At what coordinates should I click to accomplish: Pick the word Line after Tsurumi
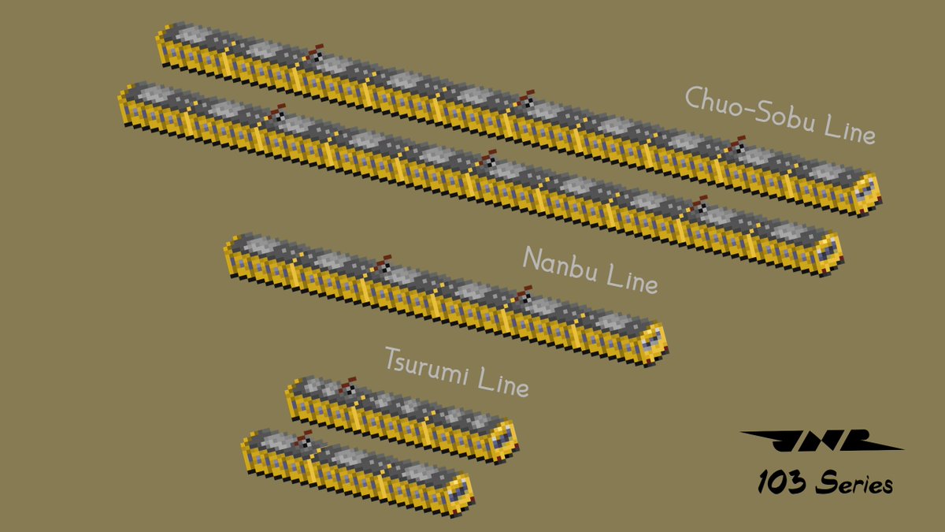point(501,383)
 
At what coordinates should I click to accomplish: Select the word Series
point(854,482)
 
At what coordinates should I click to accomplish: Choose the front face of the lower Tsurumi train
point(458,492)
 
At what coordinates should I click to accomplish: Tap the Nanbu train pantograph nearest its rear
point(383,263)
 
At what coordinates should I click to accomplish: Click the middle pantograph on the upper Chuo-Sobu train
point(525,99)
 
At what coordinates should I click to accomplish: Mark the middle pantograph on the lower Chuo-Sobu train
point(487,158)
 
